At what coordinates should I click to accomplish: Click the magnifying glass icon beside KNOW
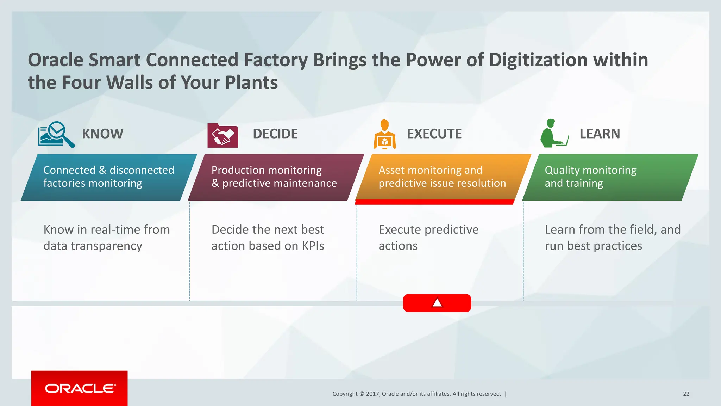(x=56, y=134)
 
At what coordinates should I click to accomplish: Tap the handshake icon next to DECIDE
(x=222, y=136)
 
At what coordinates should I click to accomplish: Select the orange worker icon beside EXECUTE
(x=384, y=135)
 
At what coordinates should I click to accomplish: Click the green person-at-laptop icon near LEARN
(x=554, y=134)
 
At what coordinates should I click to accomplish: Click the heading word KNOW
(x=102, y=134)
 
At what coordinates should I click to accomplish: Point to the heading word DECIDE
(x=275, y=134)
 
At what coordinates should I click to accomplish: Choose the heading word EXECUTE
(x=434, y=134)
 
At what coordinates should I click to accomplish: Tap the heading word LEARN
(x=600, y=134)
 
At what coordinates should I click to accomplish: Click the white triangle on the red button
(x=437, y=303)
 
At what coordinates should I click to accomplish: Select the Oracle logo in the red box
(x=80, y=388)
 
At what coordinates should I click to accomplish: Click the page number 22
(x=686, y=394)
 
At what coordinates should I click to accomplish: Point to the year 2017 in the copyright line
(x=372, y=394)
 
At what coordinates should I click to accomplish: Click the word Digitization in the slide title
(x=538, y=60)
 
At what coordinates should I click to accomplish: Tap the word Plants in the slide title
(x=251, y=82)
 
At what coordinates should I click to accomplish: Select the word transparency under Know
(x=106, y=246)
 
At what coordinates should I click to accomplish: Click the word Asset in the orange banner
(x=391, y=170)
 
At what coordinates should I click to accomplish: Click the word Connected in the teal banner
(x=69, y=170)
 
